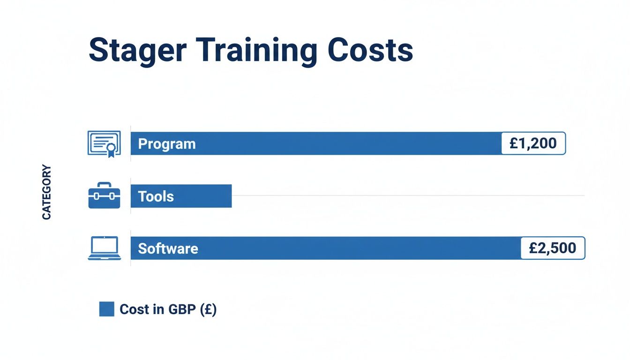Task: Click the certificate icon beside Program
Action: pyautogui.click(x=104, y=143)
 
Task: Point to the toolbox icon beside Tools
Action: pyautogui.click(x=104, y=196)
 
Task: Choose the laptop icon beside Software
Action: pyautogui.click(x=104, y=248)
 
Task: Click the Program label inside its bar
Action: pyautogui.click(x=167, y=144)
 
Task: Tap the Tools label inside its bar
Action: pyautogui.click(x=156, y=196)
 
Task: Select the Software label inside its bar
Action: pyautogui.click(x=168, y=248)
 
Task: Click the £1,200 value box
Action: pyautogui.click(x=533, y=143)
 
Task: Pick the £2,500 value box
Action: pyautogui.click(x=553, y=248)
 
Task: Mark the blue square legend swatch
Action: pyautogui.click(x=107, y=309)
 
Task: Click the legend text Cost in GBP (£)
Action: pyautogui.click(x=168, y=309)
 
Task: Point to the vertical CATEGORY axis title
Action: pyautogui.click(x=46, y=192)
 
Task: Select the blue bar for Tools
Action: pyautogui.click(x=206, y=196)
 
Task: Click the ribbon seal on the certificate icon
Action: pyautogui.click(x=111, y=150)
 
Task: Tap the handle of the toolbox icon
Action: pyautogui.click(x=104, y=185)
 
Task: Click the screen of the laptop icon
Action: pyautogui.click(x=104, y=245)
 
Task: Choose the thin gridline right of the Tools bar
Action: pyautogui.click(x=408, y=195)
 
